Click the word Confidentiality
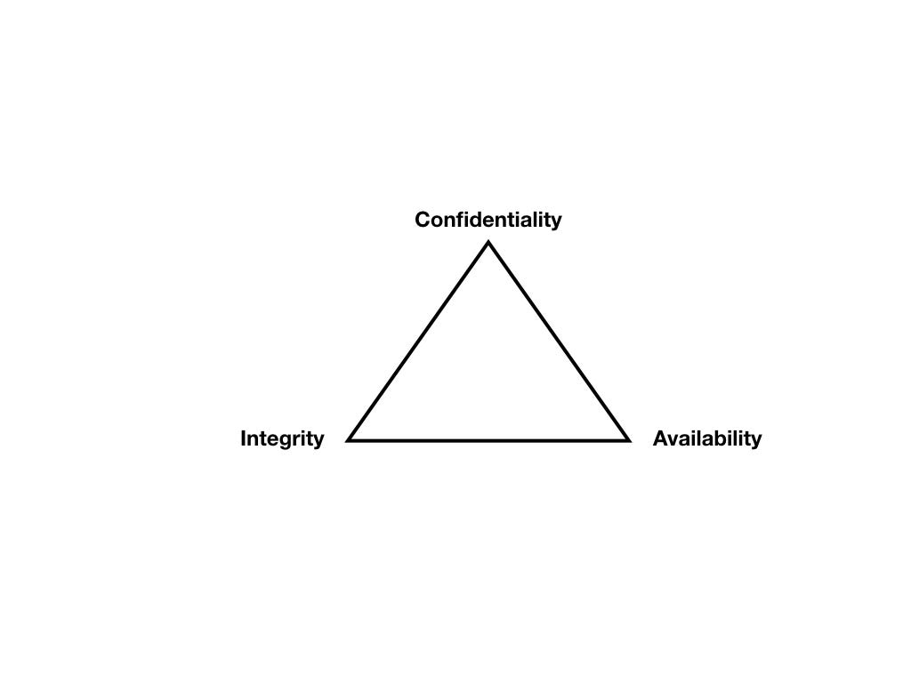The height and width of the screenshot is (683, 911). [x=488, y=220]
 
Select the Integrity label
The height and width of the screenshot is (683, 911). [x=282, y=438]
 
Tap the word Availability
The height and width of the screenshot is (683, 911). [x=706, y=438]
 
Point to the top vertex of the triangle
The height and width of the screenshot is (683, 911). [x=488, y=244]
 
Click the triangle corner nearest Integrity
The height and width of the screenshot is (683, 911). [x=350, y=439]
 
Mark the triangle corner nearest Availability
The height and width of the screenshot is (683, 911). [x=627, y=439]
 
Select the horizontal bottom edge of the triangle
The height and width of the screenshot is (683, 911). [x=488, y=439]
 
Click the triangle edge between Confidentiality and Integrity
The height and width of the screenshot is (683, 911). [x=419, y=341]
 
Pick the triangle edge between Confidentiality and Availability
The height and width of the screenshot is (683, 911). [x=558, y=341]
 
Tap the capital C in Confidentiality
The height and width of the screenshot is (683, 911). [x=423, y=220]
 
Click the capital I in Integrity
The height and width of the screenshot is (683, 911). [x=243, y=438]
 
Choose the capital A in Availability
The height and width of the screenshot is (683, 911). [x=660, y=438]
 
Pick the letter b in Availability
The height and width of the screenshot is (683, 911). [x=716, y=438]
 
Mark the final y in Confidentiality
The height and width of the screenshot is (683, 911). [x=556, y=222]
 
